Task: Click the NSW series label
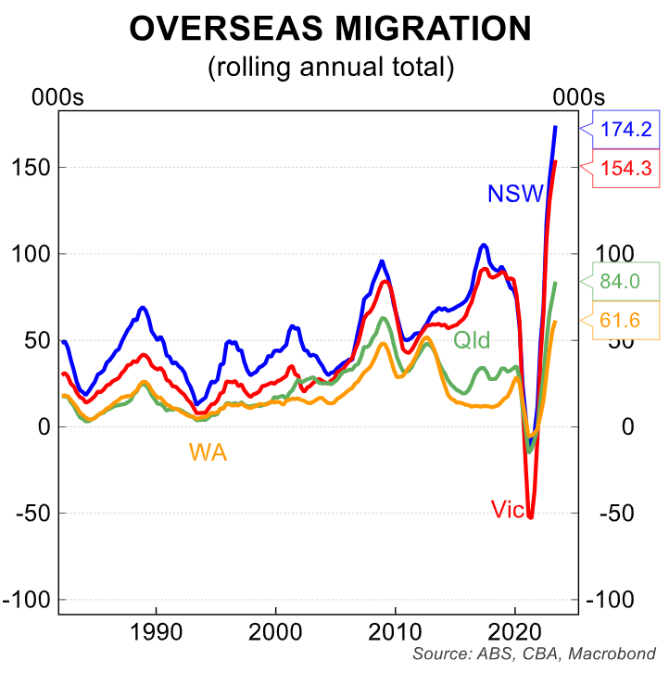(515, 194)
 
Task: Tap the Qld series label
(471, 339)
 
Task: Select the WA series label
(208, 452)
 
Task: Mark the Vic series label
(508, 509)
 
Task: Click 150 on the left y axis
(31, 168)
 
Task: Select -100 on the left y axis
(27, 600)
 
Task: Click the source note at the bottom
(535, 654)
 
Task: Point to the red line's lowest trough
(531, 516)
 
